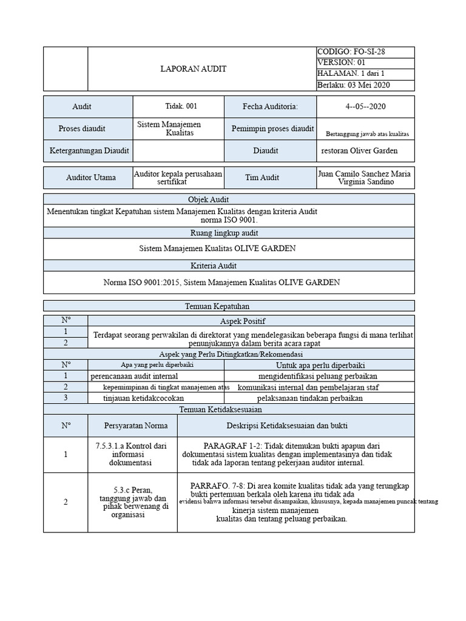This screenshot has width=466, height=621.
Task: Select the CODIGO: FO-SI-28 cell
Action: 351,52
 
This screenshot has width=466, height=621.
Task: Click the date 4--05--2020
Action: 365,107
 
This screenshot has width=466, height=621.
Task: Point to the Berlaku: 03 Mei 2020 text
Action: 353,85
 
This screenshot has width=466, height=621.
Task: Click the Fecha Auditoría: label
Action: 271,107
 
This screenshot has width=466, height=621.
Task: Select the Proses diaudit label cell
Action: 82,129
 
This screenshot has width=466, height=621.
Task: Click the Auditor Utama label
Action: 87,178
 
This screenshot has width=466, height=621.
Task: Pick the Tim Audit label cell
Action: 271,178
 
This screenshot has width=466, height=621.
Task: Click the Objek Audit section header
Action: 229,200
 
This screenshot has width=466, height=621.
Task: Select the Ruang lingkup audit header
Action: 229,233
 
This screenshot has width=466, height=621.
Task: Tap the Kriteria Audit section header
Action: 229,266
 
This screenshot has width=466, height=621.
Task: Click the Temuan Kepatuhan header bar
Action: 229,307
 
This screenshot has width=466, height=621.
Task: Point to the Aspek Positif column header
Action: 251,320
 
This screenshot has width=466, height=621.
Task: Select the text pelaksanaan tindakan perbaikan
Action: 310,398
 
